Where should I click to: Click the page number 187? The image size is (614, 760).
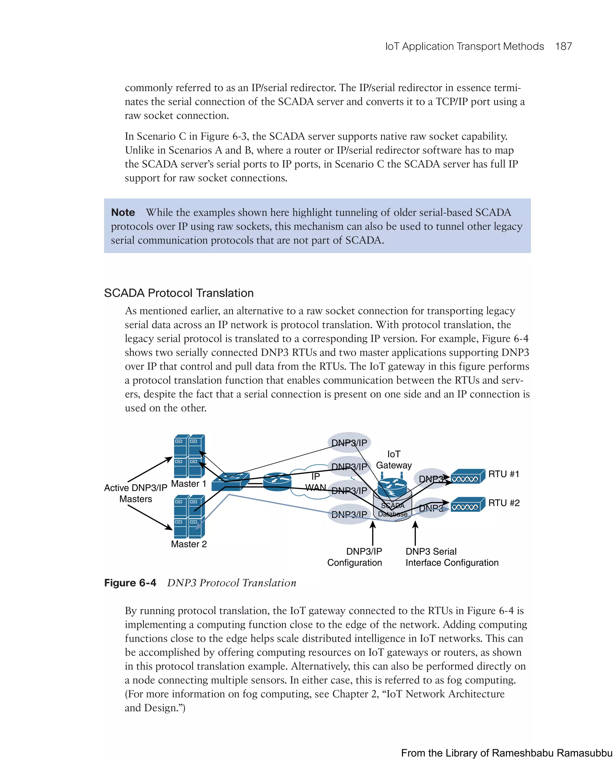pos(563,46)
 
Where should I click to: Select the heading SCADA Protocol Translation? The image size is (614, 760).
pos(179,293)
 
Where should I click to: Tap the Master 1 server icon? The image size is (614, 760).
pos(189,456)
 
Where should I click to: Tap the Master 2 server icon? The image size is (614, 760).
pos(189,516)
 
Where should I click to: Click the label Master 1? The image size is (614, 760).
pos(189,484)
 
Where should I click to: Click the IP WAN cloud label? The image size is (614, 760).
pos(315,482)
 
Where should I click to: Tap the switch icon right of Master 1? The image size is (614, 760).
pos(230,482)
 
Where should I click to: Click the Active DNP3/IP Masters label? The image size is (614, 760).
pos(136,493)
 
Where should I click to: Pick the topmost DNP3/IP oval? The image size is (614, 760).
pos(349,443)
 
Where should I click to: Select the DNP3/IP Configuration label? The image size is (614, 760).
pos(355,557)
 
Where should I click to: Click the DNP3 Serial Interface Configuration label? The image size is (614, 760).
pos(452,557)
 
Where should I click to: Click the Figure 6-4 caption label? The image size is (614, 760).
pos(130,583)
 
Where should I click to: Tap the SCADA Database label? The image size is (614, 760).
pos(392,510)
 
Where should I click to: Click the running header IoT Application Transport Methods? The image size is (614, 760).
pos(464,46)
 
